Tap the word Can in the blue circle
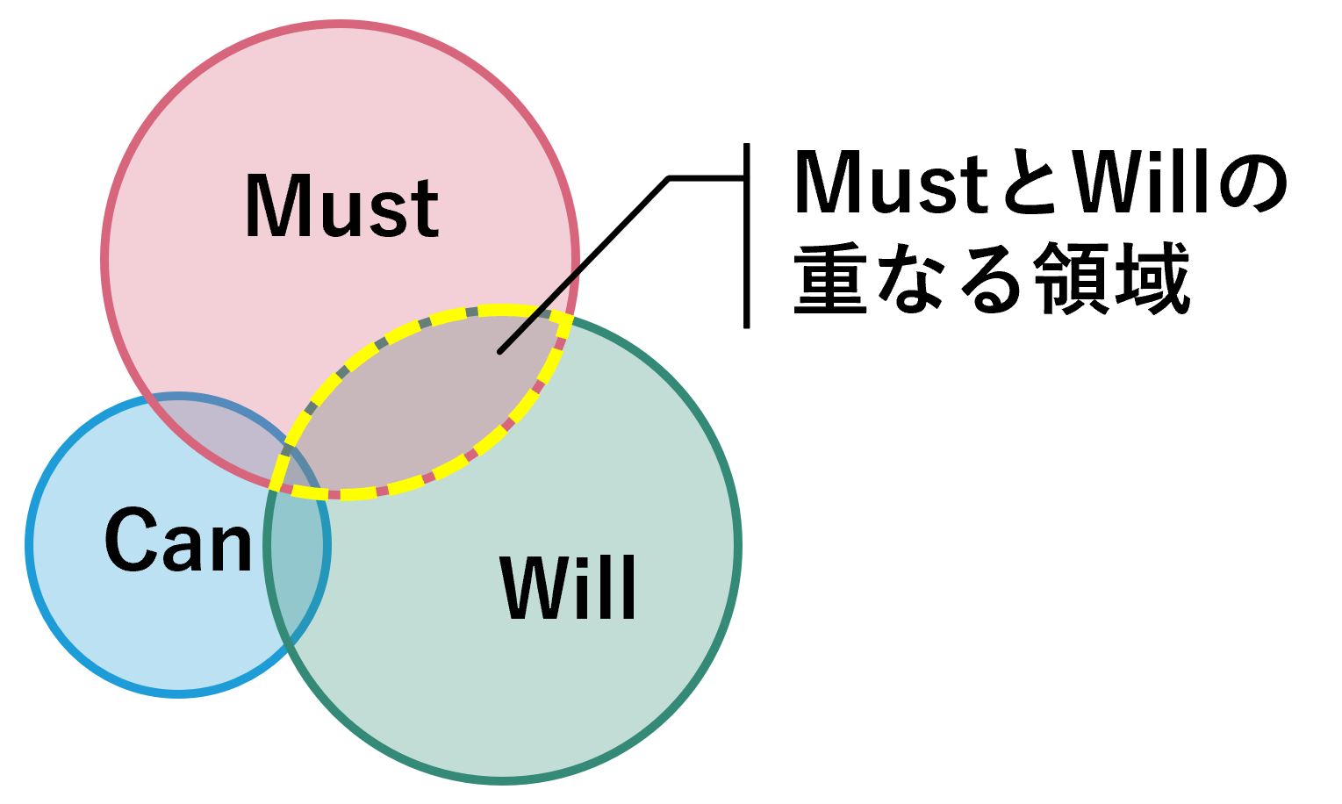179,541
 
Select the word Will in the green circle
568,588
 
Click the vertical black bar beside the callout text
746,235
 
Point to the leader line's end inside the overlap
500,351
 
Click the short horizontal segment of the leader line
707,178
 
